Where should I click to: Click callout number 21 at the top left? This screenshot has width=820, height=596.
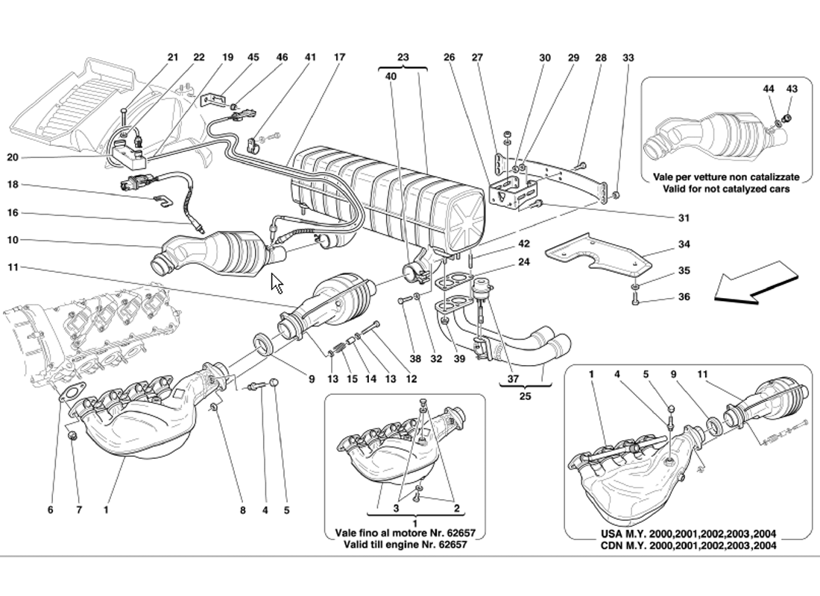pyautogui.click(x=173, y=57)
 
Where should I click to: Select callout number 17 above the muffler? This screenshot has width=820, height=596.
pyautogui.click(x=340, y=57)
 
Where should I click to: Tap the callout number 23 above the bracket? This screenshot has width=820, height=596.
pyautogui.click(x=403, y=57)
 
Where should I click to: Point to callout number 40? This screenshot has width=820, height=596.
pyautogui.click(x=391, y=75)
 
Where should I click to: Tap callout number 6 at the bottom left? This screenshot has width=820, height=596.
pyautogui.click(x=51, y=510)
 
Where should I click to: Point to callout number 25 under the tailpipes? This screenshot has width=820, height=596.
pyautogui.click(x=525, y=396)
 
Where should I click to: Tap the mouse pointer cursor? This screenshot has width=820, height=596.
pyautogui.click(x=277, y=283)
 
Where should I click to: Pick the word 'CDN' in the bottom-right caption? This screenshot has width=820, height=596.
pyautogui.click(x=611, y=545)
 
